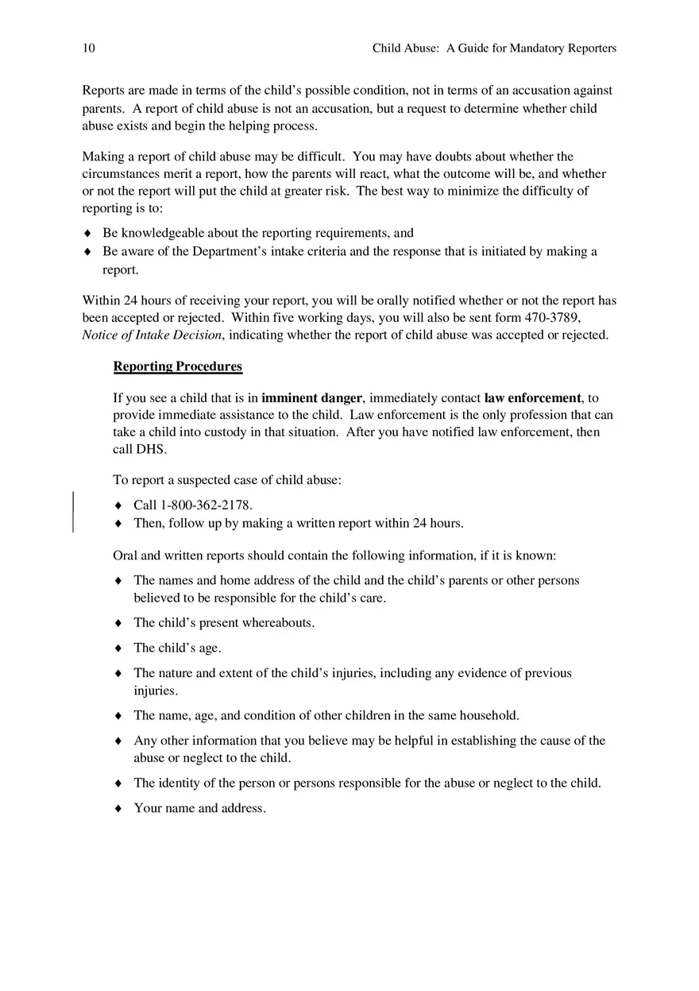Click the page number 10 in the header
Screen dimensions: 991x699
pyautogui.click(x=88, y=48)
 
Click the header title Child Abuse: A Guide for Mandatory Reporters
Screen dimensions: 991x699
pyautogui.click(x=494, y=48)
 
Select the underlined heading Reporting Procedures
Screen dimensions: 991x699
pyautogui.click(x=178, y=366)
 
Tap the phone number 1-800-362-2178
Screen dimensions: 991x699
pyautogui.click(x=206, y=505)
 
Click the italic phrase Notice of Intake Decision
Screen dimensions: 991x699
pyautogui.click(x=152, y=335)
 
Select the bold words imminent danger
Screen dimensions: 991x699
pyautogui.click(x=311, y=398)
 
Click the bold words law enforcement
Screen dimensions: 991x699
pyautogui.click(x=533, y=398)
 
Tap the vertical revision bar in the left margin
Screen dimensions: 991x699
pyautogui.click(x=74, y=512)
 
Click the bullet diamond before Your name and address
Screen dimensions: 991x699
pyautogui.click(x=118, y=809)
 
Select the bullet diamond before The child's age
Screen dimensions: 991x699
pyautogui.click(x=118, y=648)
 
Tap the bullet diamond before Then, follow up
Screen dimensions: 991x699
pyautogui.click(x=118, y=524)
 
